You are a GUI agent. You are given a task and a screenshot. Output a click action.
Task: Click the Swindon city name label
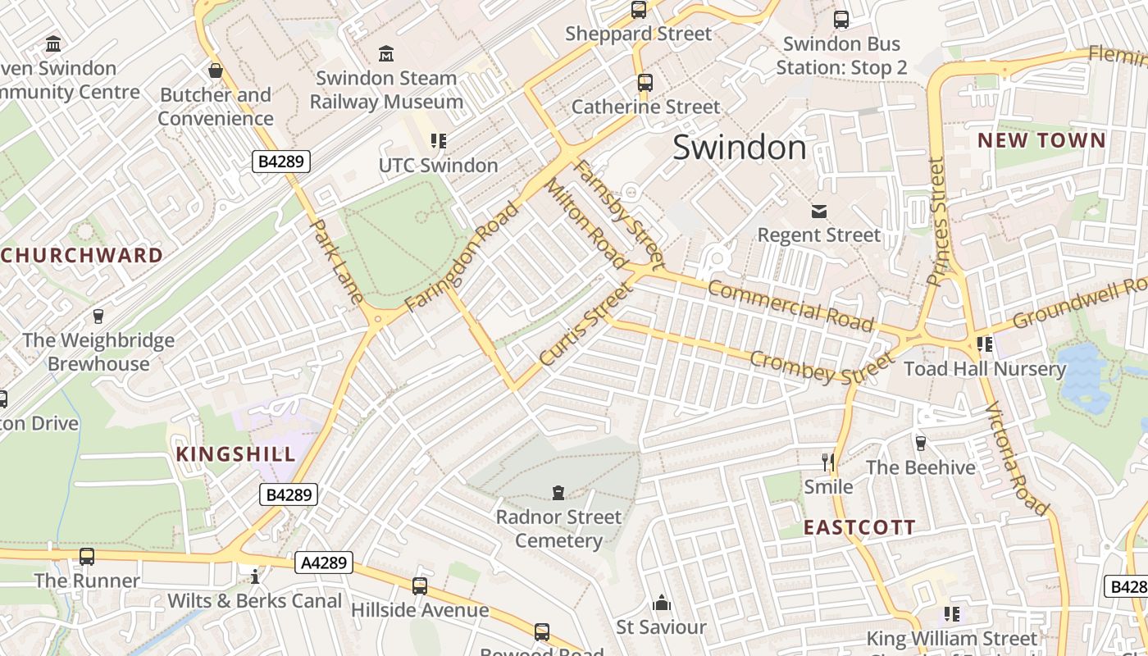(x=740, y=148)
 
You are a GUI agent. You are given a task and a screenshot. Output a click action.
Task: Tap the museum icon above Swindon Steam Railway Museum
(x=385, y=54)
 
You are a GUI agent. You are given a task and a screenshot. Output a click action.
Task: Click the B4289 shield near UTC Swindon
(x=280, y=162)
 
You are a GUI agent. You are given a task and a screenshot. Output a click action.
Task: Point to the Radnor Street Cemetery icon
(x=558, y=492)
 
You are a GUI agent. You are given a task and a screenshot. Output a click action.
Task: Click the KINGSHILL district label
(x=235, y=454)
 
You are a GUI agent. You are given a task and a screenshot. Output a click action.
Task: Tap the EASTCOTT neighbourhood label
(x=859, y=527)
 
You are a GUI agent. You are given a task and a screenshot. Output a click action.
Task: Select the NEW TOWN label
(x=1041, y=140)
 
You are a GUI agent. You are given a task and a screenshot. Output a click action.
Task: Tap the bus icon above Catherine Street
(x=645, y=82)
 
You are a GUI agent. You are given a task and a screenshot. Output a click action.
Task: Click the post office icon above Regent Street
(x=818, y=212)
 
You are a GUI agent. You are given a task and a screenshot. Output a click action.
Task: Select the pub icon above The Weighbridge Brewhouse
(x=98, y=316)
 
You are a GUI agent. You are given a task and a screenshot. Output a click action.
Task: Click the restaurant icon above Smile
(x=828, y=462)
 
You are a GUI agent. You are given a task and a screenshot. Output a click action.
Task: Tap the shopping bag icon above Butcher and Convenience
(x=216, y=71)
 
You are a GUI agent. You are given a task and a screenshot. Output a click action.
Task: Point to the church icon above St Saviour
(x=662, y=604)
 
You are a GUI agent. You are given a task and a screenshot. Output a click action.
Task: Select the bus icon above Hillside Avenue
(x=420, y=585)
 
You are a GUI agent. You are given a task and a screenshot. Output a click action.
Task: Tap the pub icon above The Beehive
(x=920, y=443)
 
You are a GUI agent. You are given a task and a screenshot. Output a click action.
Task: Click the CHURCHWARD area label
(x=82, y=255)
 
